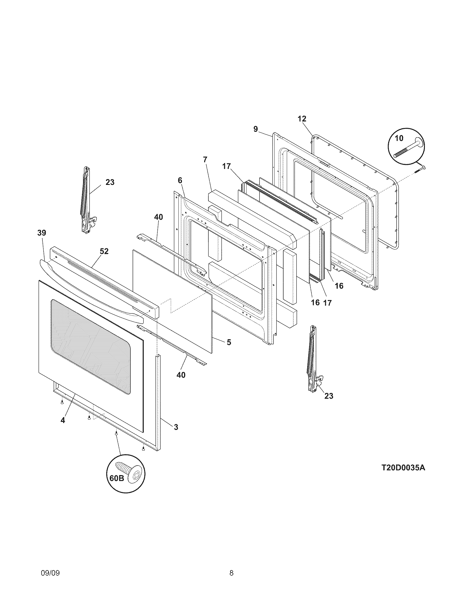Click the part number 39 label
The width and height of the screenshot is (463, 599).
[42, 233]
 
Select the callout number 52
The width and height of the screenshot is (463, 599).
[104, 251]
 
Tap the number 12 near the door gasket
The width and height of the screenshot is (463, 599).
[302, 119]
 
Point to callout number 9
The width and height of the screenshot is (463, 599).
[256, 129]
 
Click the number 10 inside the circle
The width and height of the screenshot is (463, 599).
[399, 138]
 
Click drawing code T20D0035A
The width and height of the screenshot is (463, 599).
[403, 468]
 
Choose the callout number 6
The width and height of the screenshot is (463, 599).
[180, 180]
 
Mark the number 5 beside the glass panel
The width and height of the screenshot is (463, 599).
[229, 342]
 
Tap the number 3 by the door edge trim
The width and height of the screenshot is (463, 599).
[176, 427]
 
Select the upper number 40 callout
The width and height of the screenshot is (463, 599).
[158, 217]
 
